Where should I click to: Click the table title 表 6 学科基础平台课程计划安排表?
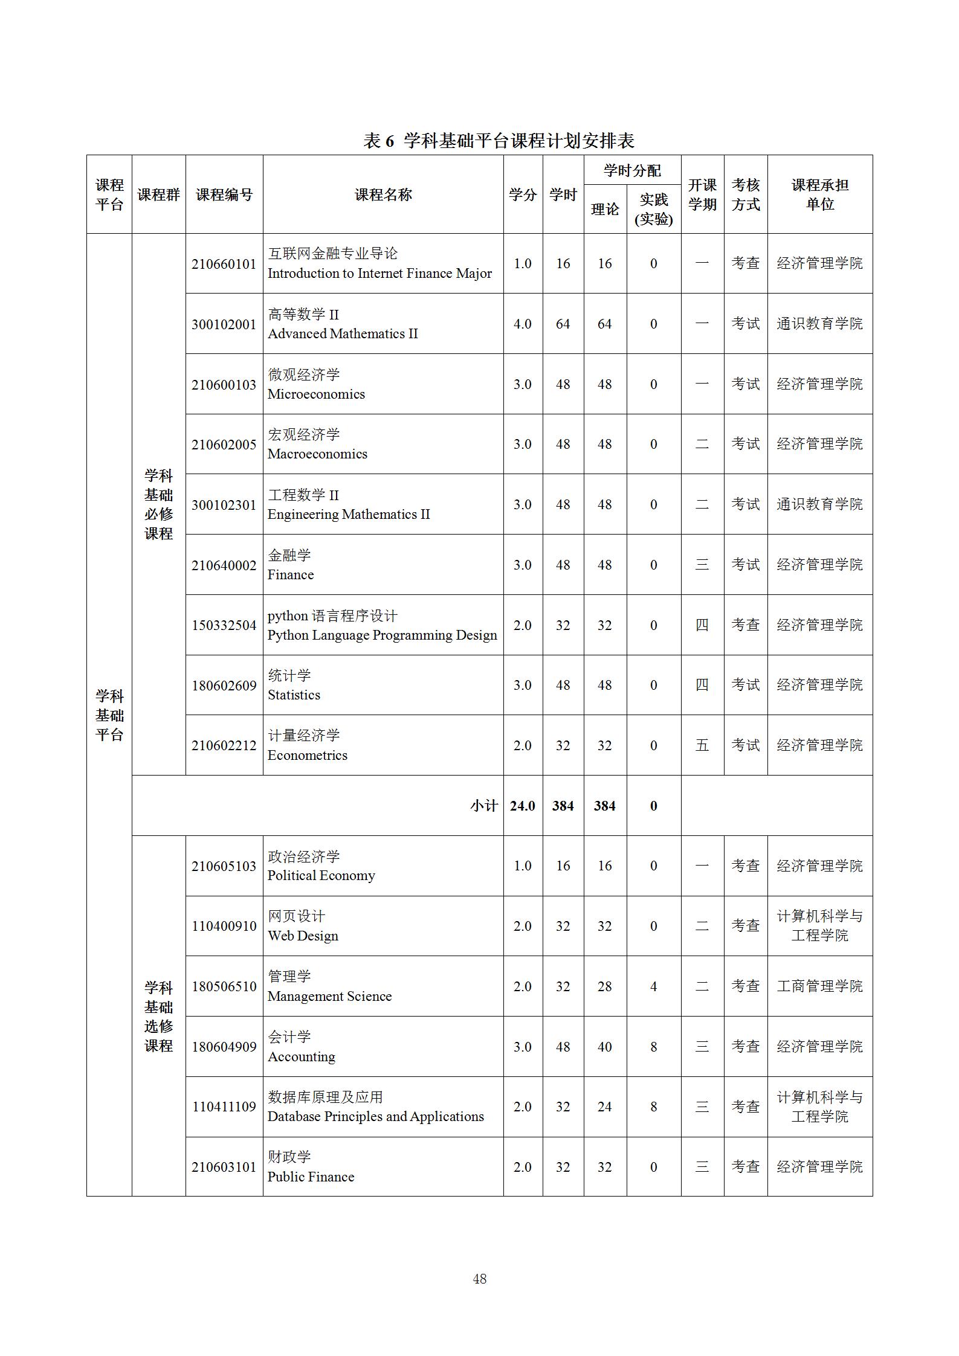[499, 141]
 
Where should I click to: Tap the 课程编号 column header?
[224, 194]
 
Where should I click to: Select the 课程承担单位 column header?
[819, 194]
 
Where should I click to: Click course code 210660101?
[224, 264]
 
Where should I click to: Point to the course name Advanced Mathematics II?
[343, 334]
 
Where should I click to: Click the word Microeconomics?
[316, 394]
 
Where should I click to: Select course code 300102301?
[224, 505]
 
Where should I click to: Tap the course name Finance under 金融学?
[291, 575]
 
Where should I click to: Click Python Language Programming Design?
[382, 635]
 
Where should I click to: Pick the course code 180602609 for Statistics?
[224, 686]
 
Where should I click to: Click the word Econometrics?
[307, 756]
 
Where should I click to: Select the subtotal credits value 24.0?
[522, 806]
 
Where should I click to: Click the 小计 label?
[483, 806]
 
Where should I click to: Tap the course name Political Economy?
[321, 876]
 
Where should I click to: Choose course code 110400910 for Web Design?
[224, 926]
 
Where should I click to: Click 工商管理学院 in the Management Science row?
[819, 986]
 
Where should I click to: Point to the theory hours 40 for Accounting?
[604, 1047]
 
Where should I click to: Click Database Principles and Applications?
[375, 1117]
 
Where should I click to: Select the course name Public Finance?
[311, 1177]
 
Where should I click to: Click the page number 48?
[480, 1279]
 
